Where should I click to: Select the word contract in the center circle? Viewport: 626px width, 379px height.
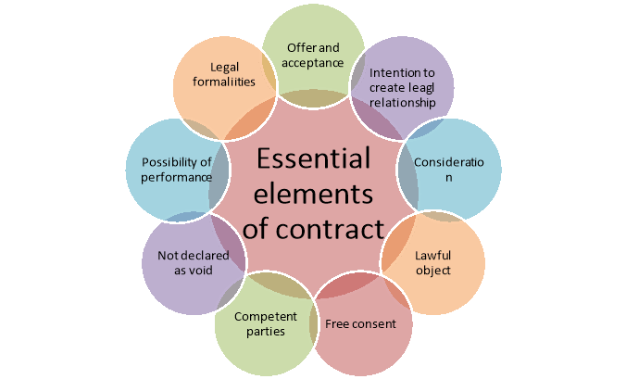[339, 227]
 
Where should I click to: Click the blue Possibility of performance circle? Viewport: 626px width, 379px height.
[174, 169]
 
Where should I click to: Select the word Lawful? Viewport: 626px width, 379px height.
[433, 255]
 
